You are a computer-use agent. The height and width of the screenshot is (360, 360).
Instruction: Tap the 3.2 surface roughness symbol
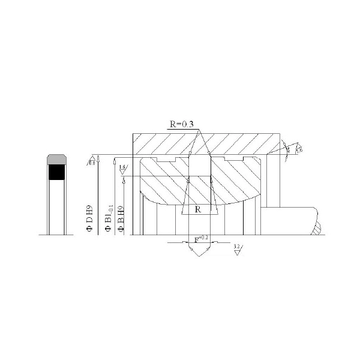coord(238,250)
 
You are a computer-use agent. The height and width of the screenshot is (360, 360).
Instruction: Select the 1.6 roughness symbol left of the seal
coord(122,170)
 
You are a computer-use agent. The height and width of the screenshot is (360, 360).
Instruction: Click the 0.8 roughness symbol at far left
coord(92,161)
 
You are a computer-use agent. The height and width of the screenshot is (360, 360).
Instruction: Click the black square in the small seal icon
coord(56,173)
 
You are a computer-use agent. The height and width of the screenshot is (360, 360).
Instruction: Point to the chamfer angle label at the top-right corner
coord(288,151)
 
